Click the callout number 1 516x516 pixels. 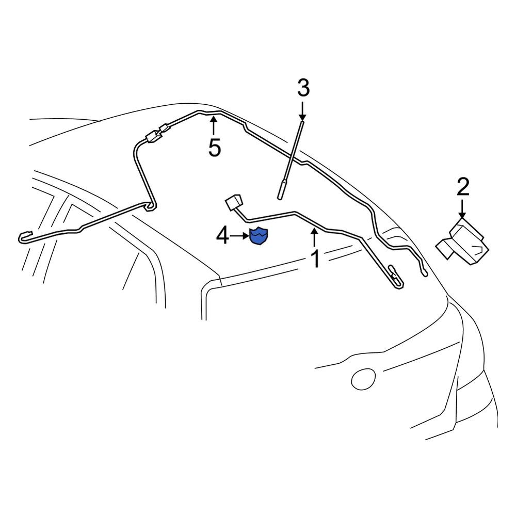pos(315,259)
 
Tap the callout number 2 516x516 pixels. pos(462,187)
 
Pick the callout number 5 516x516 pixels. pos(214,147)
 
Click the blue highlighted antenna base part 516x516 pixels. pos(259,236)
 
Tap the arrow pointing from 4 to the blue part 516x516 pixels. pos(240,236)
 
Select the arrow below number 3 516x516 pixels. pos(302,111)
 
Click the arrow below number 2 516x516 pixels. pos(462,208)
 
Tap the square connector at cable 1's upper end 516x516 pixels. pos(233,202)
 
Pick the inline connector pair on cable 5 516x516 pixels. pos(158,133)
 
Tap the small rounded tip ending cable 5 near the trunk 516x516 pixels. pos(424,272)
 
